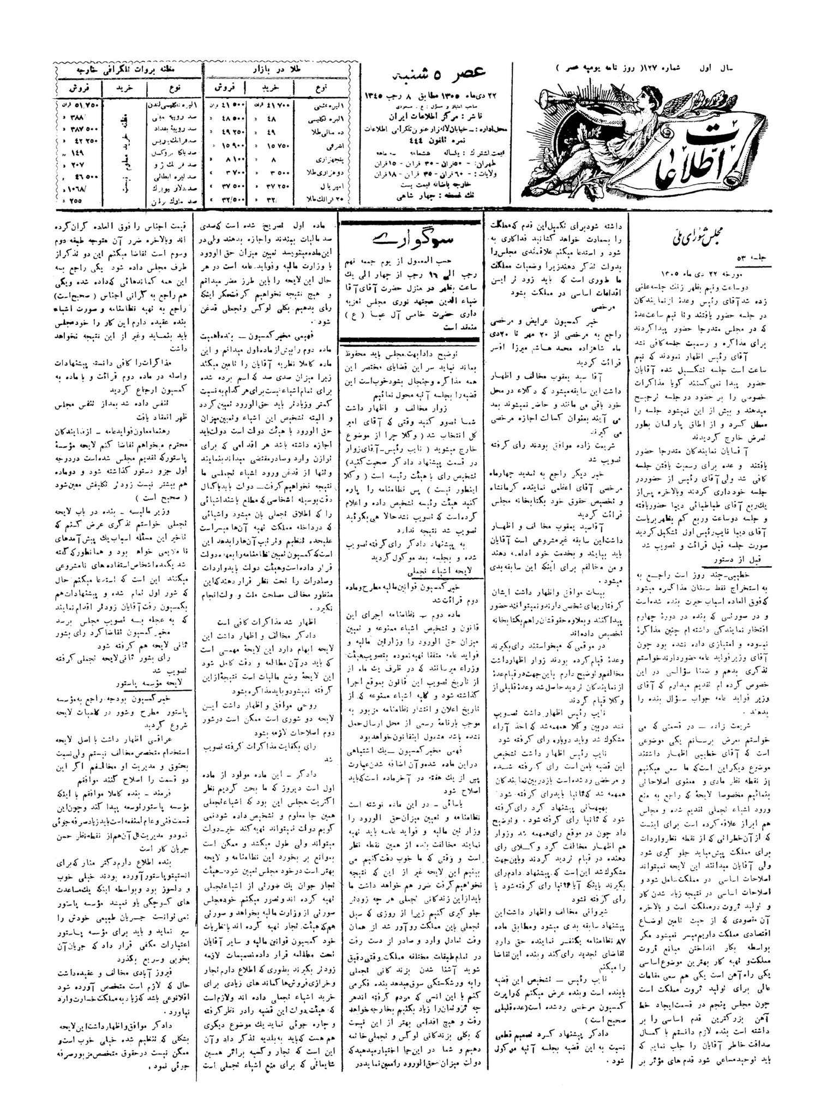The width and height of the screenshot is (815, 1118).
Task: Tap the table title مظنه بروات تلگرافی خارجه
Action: (x=128, y=71)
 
